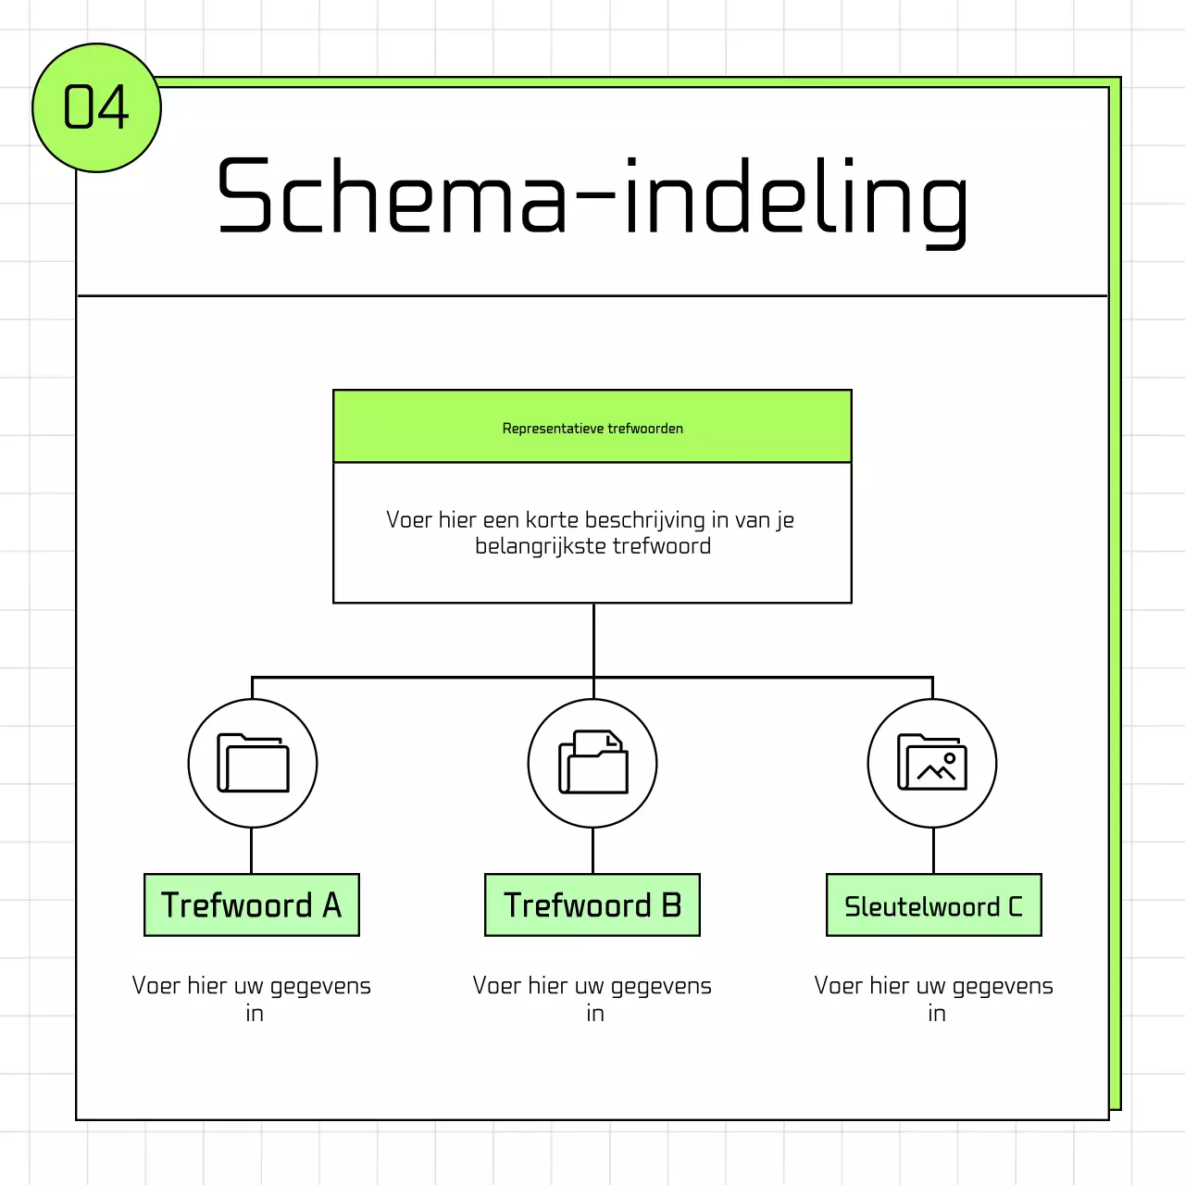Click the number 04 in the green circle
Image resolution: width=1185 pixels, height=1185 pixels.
(96, 107)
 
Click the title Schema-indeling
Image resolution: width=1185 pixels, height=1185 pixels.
(592, 196)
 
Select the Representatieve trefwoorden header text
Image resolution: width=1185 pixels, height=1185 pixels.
(592, 429)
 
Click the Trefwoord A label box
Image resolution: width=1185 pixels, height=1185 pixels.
(252, 905)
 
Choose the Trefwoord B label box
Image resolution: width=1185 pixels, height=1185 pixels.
(592, 905)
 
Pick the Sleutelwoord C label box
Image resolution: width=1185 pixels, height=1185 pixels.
(933, 905)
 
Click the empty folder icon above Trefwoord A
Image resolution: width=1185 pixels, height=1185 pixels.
(253, 763)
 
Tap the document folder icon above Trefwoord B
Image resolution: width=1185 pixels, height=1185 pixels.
(592, 763)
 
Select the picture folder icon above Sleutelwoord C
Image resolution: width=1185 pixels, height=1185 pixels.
(932, 763)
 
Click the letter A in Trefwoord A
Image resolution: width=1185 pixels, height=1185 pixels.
(332, 905)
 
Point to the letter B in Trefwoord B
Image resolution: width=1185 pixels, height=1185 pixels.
(672, 905)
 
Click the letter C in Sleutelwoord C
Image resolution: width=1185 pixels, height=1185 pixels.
(1016, 906)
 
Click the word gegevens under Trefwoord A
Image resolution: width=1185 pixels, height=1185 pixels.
(320, 987)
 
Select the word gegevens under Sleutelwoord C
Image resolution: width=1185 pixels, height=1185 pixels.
(1003, 987)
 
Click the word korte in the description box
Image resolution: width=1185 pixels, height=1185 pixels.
(553, 520)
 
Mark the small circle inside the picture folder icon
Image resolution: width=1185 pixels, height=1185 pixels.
(949, 758)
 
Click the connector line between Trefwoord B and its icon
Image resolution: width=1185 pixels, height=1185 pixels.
(592, 851)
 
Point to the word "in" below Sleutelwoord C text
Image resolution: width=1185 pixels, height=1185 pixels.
(937, 1014)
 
